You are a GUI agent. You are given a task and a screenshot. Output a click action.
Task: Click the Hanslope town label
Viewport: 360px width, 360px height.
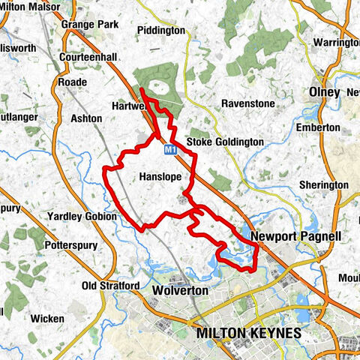coord(162,176)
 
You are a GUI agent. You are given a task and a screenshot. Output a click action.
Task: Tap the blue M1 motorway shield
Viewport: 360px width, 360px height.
coord(170,151)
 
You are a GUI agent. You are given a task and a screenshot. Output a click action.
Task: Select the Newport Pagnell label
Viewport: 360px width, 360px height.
coord(296,236)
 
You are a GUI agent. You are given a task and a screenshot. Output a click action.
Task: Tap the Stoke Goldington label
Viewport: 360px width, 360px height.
coord(224,142)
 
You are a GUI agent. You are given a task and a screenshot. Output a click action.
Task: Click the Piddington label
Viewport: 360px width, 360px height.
coord(161,31)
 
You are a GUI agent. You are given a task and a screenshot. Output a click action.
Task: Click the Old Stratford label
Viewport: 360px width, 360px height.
coord(110,286)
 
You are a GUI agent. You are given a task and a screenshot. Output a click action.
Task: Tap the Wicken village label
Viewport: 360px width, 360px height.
coord(48,319)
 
